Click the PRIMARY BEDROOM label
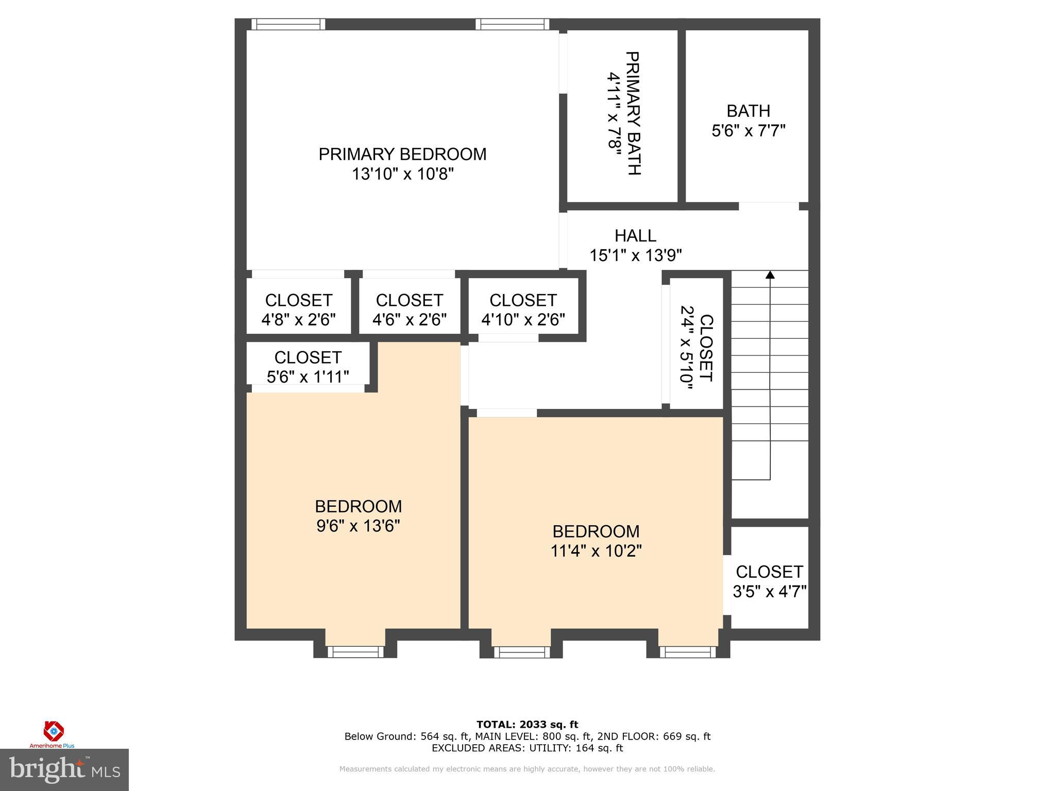tap(402, 154)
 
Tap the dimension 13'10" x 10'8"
tap(402, 174)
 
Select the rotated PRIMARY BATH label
tap(634, 113)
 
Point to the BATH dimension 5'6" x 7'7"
tap(748, 131)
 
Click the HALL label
tap(635, 236)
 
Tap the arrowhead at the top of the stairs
tap(770, 275)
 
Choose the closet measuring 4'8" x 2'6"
tap(298, 310)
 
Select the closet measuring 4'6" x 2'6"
tap(409, 310)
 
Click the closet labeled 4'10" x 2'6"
tap(523, 310)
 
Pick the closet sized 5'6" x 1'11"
tap(308, 367)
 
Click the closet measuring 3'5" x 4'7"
tap(769, 581)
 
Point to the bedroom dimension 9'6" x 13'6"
tap(358, 526)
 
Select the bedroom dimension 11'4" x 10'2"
tap(596, 551)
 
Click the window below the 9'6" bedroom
tap(355, 652)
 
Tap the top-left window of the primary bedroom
tap(288, 24)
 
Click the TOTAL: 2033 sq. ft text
tap(527, 725)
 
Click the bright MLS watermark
tap(64, 770)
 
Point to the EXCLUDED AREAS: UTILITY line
tap(527, 748)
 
